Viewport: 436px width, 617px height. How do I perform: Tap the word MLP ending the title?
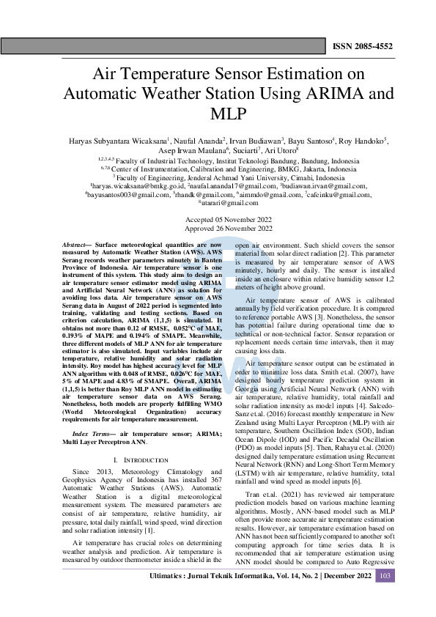tap(218, 114)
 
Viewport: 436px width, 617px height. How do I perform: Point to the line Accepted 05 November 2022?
tap(218, 220)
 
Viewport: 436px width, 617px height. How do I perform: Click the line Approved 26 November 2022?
tap(218, 228)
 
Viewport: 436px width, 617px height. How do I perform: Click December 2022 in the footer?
tap(344, 596)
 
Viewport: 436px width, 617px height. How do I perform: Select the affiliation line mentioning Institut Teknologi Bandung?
tap(218, 159)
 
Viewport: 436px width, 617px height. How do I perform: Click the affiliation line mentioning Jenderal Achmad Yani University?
tap(218, 177)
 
